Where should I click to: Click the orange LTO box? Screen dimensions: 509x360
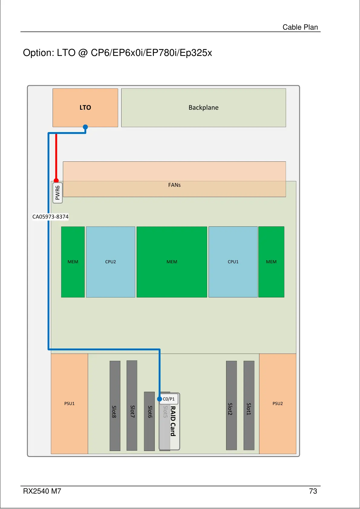tap(85, 108)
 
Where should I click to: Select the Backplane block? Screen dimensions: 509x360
tap(203, 108)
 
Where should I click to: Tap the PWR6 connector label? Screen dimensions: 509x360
tap(57, 193)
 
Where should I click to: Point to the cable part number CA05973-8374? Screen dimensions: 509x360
tap(50, 217)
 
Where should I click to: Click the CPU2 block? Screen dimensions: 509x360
tap(111, 262)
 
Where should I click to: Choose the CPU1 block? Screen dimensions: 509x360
tap(233, 262)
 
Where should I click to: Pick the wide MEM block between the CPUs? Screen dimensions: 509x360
tap(172, 262)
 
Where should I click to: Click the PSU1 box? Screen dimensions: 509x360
tap(70, 404)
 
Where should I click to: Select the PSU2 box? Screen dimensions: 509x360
tap(277, 404)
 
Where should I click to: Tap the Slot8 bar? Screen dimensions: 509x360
tap(115, 406)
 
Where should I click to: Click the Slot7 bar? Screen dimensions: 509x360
tap(132, 406)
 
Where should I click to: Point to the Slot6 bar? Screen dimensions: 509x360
tap(149, 421)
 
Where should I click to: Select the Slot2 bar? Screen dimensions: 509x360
tap(231, 406)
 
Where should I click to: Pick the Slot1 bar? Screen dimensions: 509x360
tap(249, 406)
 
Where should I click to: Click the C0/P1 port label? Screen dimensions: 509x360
tap(169, 399)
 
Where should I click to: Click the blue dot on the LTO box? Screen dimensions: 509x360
tap(85, 127)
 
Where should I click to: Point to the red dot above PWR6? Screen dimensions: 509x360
tap(56, 180)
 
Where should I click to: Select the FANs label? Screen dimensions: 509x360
tap(174, 185)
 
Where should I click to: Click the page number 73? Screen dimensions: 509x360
tap(313, 491)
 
